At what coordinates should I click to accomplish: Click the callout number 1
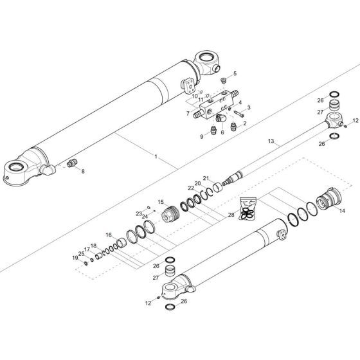pos(155,157)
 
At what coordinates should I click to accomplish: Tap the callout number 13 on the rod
pos(271,141)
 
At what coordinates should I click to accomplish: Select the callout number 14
pos(342,211)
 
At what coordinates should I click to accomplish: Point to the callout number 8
pos(82,170)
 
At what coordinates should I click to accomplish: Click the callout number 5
pos(234,74)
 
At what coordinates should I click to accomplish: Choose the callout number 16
pos(188,114)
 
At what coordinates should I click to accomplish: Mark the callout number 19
pos(75,258)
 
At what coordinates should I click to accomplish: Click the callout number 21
pos(206,178)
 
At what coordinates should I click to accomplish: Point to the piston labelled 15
pos(172,214)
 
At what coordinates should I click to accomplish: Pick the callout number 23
pos(138,213)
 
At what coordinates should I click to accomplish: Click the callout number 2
pos(244,122)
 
